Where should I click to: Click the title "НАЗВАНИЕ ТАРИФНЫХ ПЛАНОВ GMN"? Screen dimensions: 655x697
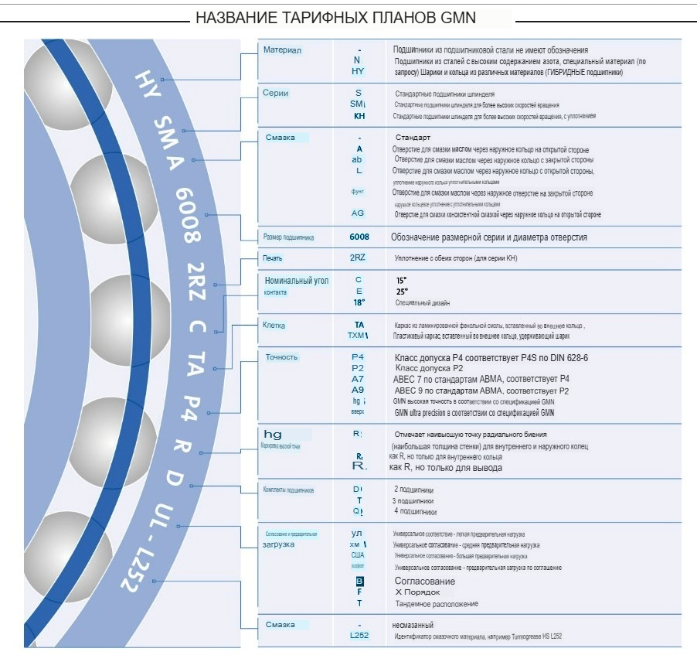click(335, 17)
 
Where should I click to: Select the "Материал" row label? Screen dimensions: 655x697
click(282, 50)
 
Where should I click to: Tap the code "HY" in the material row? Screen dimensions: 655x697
click(357, 72)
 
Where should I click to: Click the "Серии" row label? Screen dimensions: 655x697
click(276, 94)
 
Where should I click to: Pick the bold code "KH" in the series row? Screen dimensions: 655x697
click(359, 116)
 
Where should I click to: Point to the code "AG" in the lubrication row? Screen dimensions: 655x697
click(358, 213)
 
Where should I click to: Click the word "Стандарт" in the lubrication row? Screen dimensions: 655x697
click(418, 137)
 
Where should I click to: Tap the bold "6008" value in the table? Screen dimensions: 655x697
click(359, 237)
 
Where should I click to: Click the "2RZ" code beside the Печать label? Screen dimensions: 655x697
click(358, 257)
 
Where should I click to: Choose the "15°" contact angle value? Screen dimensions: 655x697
click(401, 280)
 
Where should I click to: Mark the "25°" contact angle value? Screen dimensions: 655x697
click(402, 292)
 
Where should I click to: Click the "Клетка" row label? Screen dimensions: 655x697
click(274, 326)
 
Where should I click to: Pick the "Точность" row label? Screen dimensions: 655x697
click(281, 357)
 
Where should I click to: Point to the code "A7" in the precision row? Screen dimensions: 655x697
click(358, 379)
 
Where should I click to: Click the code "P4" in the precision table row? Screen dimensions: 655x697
click(358, 357)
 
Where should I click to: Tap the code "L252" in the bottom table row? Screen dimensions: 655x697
click(359, 636)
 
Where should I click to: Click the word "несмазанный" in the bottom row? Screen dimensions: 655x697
click(413, 624)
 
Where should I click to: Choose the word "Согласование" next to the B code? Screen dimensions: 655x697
click(425, 581)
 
